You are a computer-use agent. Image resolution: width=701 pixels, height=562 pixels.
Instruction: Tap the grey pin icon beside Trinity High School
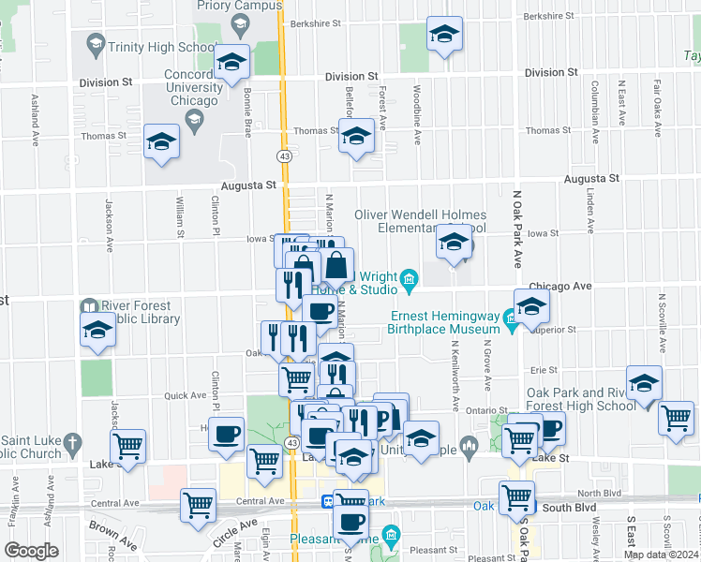(x=95, y=43)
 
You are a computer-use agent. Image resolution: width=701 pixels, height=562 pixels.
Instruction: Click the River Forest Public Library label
(x=135, y=312)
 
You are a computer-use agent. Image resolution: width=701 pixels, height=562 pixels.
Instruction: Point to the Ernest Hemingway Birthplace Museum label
(x=444, y=322)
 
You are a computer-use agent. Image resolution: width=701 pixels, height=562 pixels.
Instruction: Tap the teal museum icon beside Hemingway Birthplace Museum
(x=512, y=321)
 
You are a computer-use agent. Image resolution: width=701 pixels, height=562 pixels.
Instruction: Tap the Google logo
(x=31, y=551)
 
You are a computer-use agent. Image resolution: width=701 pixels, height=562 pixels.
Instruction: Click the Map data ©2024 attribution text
(x=661, y=555)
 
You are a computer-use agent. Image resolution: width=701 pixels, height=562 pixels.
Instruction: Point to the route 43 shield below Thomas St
(x=282, y=154)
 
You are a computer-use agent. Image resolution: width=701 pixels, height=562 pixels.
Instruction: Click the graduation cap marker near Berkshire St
(x=444, y=36)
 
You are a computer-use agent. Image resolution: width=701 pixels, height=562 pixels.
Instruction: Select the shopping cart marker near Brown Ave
(x=199, y=506)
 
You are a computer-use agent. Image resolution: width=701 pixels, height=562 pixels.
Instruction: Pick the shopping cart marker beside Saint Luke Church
(x=128, y=447)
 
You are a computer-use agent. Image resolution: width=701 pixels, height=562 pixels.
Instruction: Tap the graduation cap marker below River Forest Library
(x=97, y=331)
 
